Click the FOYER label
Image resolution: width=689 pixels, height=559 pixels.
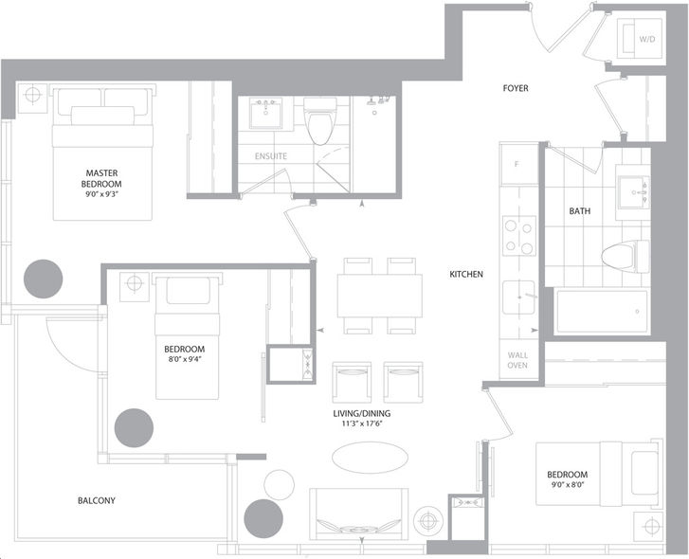click(516, 88)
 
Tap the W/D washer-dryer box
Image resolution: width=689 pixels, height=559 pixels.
click(640, 39)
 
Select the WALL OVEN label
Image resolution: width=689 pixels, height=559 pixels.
click(517, 360)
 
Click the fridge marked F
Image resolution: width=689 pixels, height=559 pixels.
click(519, 164)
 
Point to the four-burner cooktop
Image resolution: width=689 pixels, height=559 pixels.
click(519, 236)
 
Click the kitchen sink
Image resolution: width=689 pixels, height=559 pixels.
click(519, 298)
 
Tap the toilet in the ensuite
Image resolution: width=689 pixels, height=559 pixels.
click(320, 121)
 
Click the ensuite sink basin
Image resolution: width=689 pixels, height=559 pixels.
click(265, 114)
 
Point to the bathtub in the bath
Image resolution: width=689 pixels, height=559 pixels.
click(602, 312)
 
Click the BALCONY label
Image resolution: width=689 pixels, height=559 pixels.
click(97, 500)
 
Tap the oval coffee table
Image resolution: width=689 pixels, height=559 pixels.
click(370, 458)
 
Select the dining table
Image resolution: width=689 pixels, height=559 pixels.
click(380, 296)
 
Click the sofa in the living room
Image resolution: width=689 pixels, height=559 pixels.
click(358, 514)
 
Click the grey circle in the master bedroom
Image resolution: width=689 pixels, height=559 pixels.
click(43, 279)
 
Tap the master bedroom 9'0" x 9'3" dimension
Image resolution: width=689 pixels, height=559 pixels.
click(101, 194)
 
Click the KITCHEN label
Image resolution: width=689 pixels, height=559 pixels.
click(466, 275)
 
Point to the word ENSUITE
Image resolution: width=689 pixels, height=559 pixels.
click(271, 156)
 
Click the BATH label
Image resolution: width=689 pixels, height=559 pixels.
click(580, 211)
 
